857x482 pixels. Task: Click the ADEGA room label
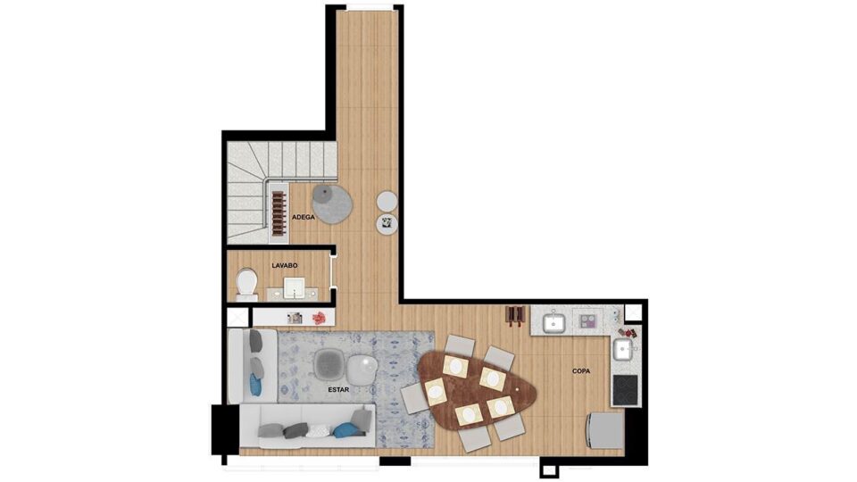(x=304, y=217)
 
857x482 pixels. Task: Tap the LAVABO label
(x=285, y=266)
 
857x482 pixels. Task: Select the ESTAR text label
(x=338, y=390)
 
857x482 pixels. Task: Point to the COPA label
(x=581, y=371)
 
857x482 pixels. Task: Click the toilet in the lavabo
(x=247, y=285)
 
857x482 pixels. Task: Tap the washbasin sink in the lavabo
(x=294, y=288)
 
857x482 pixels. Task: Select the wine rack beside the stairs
(x=279, y=212)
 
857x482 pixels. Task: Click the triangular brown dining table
(x=476, y=390)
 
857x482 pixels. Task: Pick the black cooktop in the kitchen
(x=625, y=390)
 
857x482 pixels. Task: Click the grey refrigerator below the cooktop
(x=604, y=430)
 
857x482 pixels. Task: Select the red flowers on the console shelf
(x=319, y=318)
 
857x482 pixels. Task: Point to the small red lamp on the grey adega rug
(x=324, y=193)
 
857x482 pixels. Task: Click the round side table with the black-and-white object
(x=387, y=223)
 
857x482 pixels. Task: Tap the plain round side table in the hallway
(x=387, y=201)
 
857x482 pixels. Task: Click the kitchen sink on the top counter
(x=553, y=323)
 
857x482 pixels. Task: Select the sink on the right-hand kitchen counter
(x=622, y=350)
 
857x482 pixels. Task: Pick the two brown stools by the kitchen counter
(x=515, y=315)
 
